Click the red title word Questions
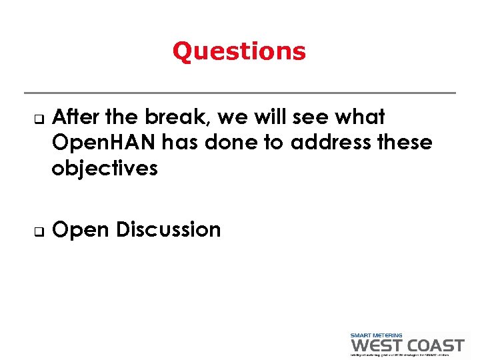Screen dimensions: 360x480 [239, 51]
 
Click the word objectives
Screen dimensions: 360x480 [105, 169]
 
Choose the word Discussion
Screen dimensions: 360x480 [168, 229]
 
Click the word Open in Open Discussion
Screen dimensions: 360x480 [81, 230]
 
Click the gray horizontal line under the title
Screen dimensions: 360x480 [239, 93]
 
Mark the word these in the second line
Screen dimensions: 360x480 [403, 143]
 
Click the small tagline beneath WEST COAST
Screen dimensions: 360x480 [407, 355]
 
